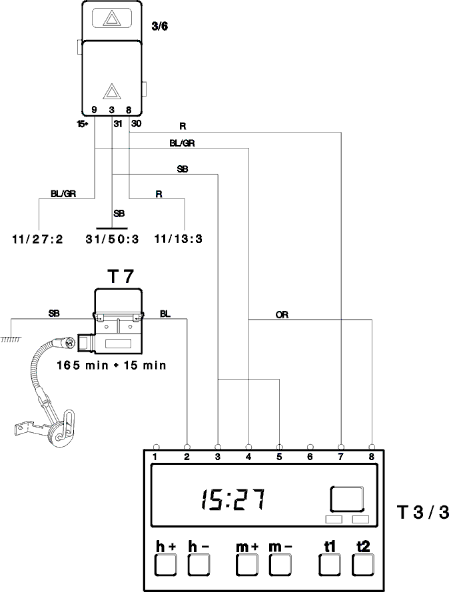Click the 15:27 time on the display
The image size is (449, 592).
pyautogui.click(x=232, y=499)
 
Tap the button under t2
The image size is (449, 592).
pyautogui.click(x=363, y=565)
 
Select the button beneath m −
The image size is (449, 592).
pyautogui.click(x=280, y=565)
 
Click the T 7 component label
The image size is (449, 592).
pyautogui.click(x=121, y=276)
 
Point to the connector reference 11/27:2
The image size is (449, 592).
pyautogui.click(x=38, y=239)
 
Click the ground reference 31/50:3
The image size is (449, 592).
pyautogui.click(x=112, y=239)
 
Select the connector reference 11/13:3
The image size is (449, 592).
pyautogui.click(x=179, y=239)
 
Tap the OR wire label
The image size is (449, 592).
pyautogui.click(x=282, y=314)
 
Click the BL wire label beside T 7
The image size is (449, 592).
pyautogui.click(x=165, y=314)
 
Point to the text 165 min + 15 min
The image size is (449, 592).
pyautogui.click(x=111, y=365)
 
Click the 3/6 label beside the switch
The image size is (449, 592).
pyautogui.click(x=159, y=27)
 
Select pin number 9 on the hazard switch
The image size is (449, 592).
pyautogui.click(x=94, y=110)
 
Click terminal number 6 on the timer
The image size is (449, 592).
pyautogui.click(x=310, y=457)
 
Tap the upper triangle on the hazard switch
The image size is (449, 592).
pyautogui.click(x=111, y=18)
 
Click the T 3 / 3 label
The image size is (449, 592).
pyautogui.click(x=423, y=512)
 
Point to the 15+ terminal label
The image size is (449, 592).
pyautogui.click(x=83, y=124)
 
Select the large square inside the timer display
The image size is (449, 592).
pyautogui.click(x=347, y=499)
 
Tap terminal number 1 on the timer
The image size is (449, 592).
pyautogui.click(x=155, y=457)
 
